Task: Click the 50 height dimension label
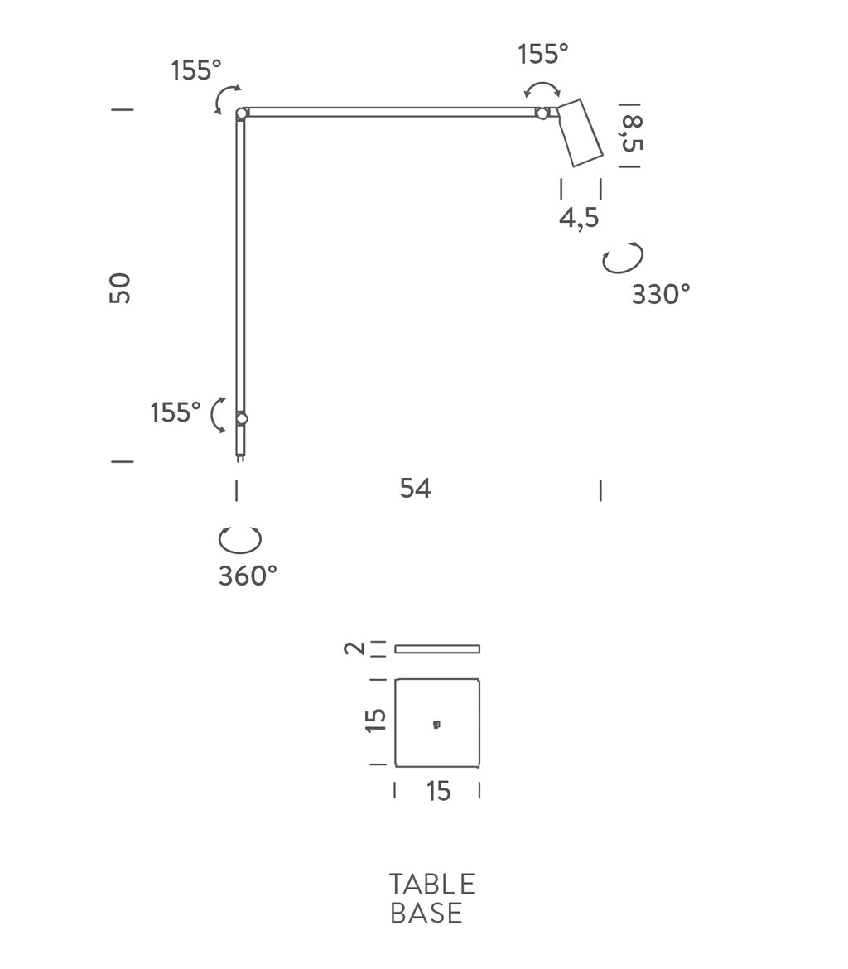(x=121, y=287)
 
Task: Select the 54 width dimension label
(x=415, y=489)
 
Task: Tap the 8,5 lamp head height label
(x=631, y=134)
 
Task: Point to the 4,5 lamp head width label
(x=579, y=219)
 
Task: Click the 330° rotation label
(x=660, y=294)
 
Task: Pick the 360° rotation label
(x=248, y=576)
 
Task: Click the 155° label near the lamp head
(x=543, y=55)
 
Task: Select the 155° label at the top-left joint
(x=197, y=71)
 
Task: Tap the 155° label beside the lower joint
(x=176, y=412)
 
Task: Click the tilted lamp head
(x=579, y=133)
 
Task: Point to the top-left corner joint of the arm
(x=242, y=113)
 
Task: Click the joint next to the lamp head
(x=542, y=113)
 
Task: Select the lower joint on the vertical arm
(x=242, y=419)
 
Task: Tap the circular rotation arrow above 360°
(x=240, y=539)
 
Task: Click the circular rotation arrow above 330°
(x=623, y=259)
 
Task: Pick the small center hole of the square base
(x=436, y=725)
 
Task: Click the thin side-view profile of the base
(x=437, y=648)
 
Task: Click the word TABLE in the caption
(x=431, y=884)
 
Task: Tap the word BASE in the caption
(x=426, y=913)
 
